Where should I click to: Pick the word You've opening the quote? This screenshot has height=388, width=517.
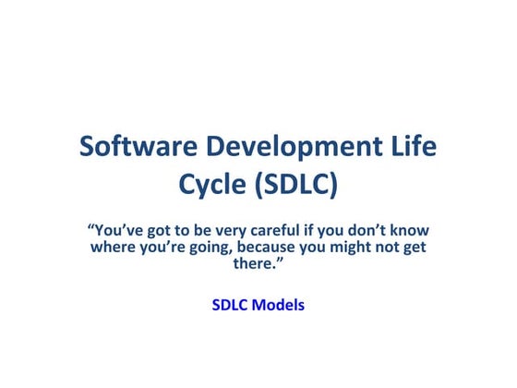click(x=113, y=229)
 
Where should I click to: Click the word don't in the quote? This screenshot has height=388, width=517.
click(x=371, y=229)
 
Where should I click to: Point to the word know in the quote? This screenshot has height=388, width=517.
click(x=412, y=229)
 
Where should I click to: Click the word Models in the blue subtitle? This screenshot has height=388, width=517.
click(x=280, y=303)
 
